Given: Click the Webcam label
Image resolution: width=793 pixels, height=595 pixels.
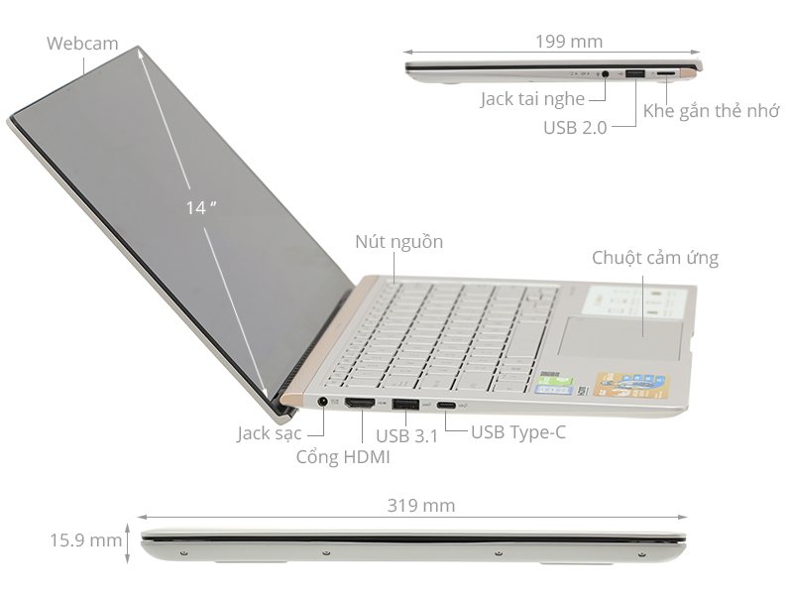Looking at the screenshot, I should click(82, 44).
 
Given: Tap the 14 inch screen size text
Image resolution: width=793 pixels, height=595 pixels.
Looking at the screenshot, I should click(200, 207).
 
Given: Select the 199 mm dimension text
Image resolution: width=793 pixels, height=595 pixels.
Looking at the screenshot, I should click(568, 42).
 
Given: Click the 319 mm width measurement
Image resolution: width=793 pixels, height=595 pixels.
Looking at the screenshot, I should click(421, 506).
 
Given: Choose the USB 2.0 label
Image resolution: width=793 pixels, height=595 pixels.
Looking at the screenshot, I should click(575, 128).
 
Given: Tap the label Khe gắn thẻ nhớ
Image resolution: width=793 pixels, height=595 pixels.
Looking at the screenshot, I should click(711, 110).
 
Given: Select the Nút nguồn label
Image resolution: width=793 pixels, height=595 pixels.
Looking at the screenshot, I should click(399, 242).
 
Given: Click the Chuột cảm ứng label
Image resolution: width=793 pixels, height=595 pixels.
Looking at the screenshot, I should click(655, 258).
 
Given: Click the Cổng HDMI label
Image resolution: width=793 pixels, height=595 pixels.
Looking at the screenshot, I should click(343, 457).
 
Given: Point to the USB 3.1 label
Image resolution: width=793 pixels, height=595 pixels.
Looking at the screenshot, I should click(407, 433).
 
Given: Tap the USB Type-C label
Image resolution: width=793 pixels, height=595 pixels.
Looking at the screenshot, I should click(518, 431).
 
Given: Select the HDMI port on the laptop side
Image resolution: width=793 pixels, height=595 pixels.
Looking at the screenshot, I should click(359, 404).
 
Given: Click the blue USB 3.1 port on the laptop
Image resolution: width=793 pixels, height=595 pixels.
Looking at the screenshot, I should click(404, 404).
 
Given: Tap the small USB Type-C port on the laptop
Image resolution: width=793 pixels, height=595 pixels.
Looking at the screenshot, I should click(448, 405).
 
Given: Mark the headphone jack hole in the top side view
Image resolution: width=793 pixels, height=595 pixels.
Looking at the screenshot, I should click(605, 73).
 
